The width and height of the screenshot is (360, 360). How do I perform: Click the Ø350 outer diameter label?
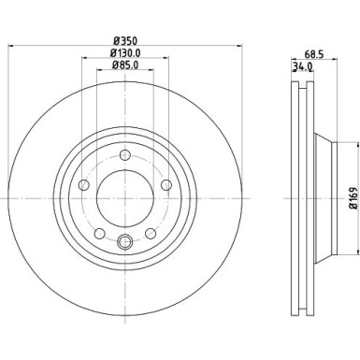[x=125, y=42]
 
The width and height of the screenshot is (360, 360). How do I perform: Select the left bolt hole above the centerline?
[x=85, y=185]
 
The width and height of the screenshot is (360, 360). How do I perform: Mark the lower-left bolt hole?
[x=101, y=233]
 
